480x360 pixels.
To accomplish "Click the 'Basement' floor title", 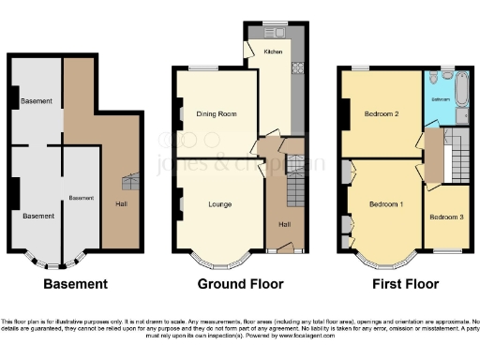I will point(76,283).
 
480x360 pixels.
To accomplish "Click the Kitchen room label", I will point(273,52).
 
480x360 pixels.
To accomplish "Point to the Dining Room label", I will point(216,114).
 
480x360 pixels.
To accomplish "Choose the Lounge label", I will point(219,203).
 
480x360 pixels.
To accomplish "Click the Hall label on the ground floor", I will point(284,223).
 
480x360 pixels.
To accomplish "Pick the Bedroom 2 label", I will point(383,114).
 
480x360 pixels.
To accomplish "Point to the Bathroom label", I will point(442,98).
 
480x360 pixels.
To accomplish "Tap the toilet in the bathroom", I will point(447,77).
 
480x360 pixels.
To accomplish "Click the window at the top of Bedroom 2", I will point(361,68).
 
